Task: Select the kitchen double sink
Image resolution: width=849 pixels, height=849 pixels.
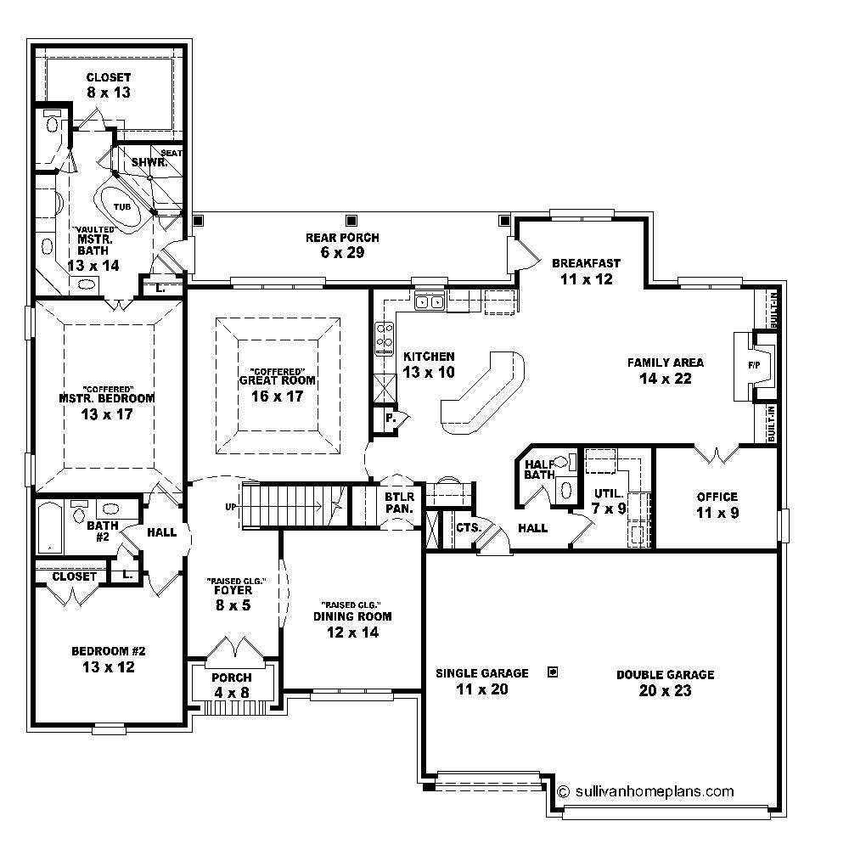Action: [430, 301]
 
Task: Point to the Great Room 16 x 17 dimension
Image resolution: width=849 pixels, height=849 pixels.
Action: [278, 396]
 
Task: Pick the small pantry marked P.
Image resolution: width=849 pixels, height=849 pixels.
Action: [390, 419]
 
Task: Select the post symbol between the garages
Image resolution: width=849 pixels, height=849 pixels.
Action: [553, 672]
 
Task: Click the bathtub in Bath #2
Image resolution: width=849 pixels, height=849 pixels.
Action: [49, 526]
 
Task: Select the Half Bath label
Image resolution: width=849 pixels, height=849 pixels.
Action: [540, 469]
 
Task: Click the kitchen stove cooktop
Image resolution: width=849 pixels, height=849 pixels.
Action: [384, 337]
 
